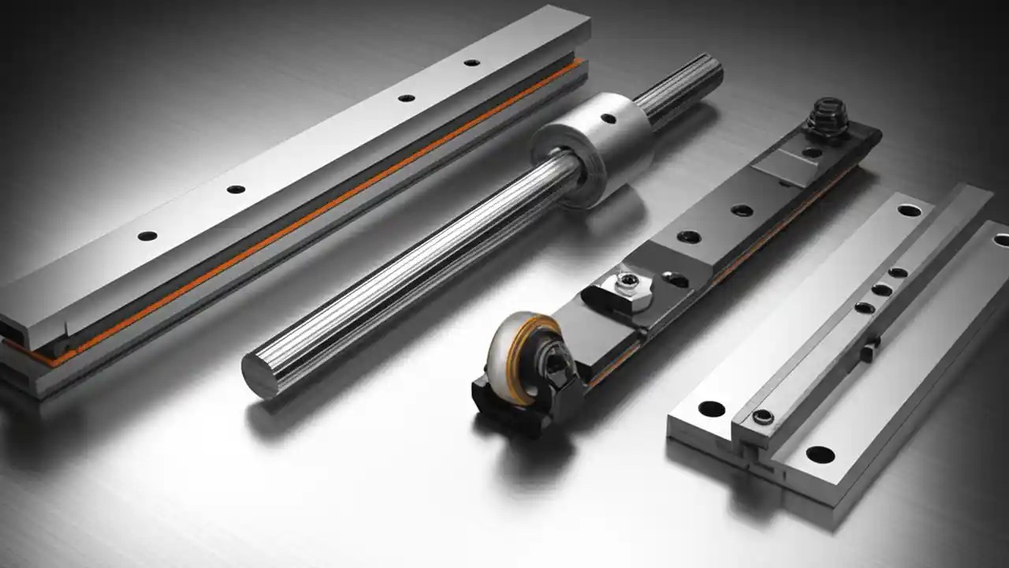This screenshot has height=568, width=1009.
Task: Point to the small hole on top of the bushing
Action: (608, 119)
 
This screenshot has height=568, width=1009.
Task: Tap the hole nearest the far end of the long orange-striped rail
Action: (471, 62)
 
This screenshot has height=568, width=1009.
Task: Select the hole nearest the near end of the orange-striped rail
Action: (147, 236)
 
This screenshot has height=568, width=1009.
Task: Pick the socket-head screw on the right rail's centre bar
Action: (761, 417)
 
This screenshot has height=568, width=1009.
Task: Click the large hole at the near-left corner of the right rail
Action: (711, 409)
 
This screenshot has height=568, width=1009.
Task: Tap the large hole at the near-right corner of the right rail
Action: (820, 454)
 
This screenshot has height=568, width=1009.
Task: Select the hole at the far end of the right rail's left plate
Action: (908, 211)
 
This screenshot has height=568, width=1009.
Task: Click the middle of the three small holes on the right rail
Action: (881, 290)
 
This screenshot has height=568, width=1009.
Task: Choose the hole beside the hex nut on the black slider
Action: (676, 278)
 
